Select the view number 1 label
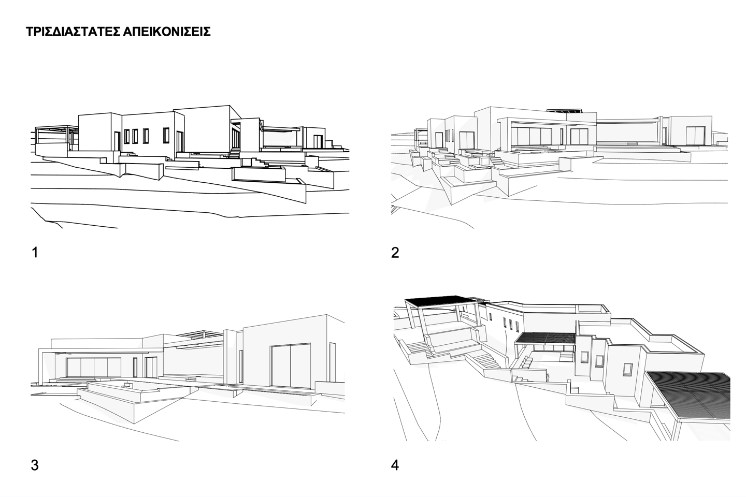pyautogui.click(x=35, y=253)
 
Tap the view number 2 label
pyautogui.click(x=395, y=253)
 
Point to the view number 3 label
pyautogui.click(x=35, y=465)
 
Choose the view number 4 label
pyautogui.click(x=395, y=465)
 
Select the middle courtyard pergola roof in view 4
pyautogui.click(x=544, y=339)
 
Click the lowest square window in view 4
pyautogui.click(x=628, y=369)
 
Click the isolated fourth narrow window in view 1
pyautogui.click(x=165, y=136)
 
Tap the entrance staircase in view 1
pyautogui.click(x=235, y=152)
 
